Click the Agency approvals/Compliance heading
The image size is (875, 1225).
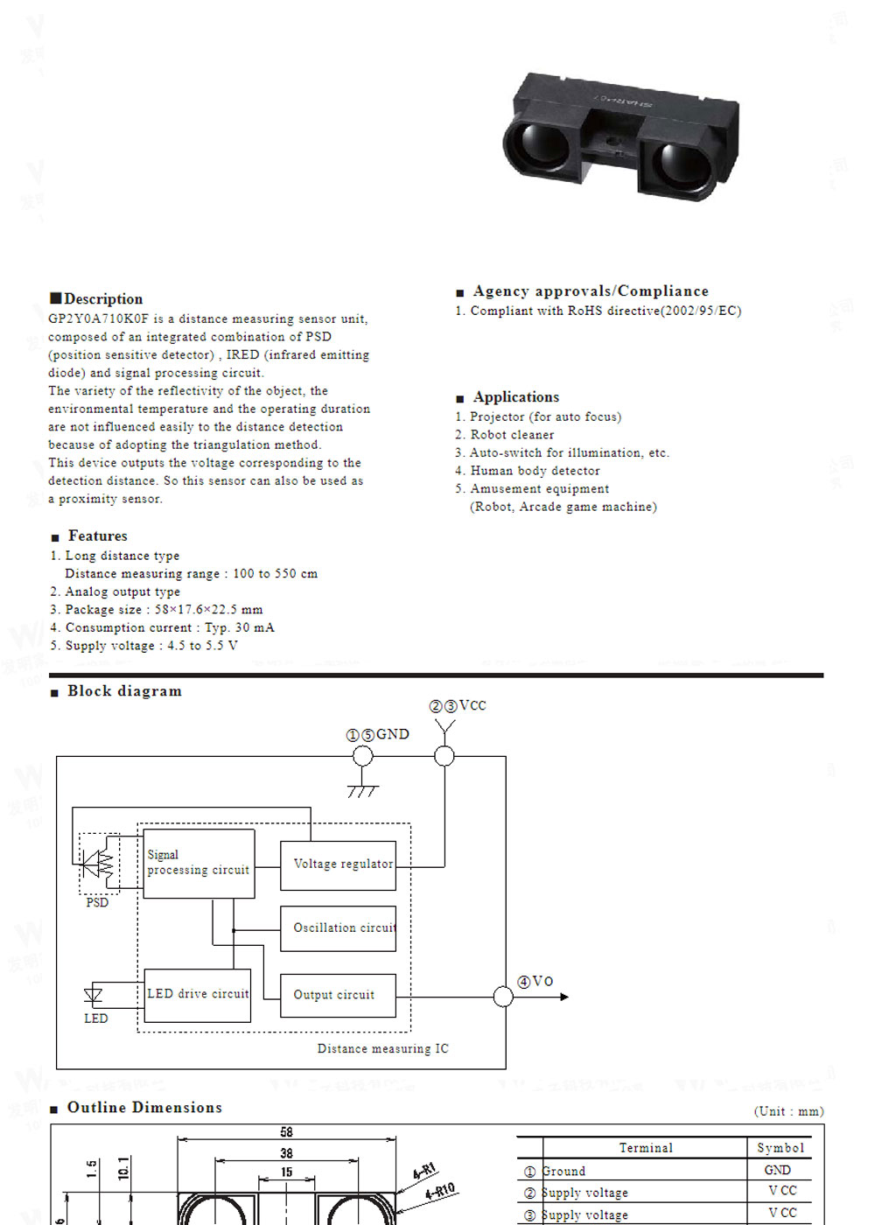point(591,291)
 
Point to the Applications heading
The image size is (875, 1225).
point(515,397)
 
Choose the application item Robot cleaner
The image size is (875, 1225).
point(512,435)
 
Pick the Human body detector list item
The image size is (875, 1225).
point(535,471)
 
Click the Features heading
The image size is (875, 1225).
point(97,535)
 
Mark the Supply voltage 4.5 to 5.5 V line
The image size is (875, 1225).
point(150,646)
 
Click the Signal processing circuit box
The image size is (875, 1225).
point(199,863)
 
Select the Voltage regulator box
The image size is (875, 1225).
point(338,864)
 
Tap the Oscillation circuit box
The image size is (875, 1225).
point(338,928)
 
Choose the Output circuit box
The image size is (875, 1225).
point(338,995)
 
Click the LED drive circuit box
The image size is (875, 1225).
point(198,995)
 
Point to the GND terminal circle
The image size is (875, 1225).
point(362,756)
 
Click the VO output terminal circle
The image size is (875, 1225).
point(503,997)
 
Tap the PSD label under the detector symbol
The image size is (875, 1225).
point(97,902)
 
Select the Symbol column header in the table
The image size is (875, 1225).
point(780,1148)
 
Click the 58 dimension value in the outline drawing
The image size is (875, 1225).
point(286,1132)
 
